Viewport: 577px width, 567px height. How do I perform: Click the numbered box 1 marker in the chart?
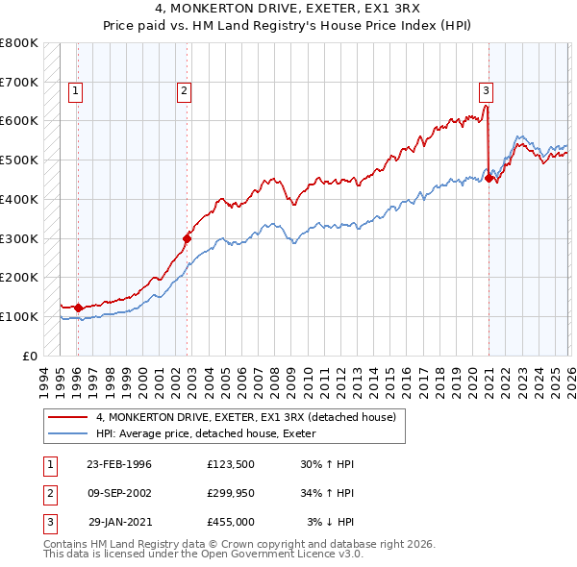coord(76,91)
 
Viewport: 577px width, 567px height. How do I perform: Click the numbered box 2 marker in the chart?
coord(184,91)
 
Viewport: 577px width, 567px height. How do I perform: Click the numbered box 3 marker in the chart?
coord(487,91)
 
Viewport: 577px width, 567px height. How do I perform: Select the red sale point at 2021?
coord(489,178)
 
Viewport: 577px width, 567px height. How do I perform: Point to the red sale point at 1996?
coord(78,308)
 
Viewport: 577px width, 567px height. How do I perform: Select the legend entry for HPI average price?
coord(213,433)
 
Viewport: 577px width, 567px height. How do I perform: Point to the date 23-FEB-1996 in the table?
coord(119,464)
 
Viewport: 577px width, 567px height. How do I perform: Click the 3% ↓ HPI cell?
coord(331,522)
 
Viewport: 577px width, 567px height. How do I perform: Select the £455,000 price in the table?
coord(231,522)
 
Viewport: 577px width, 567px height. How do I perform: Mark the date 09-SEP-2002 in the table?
coord(119,493)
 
